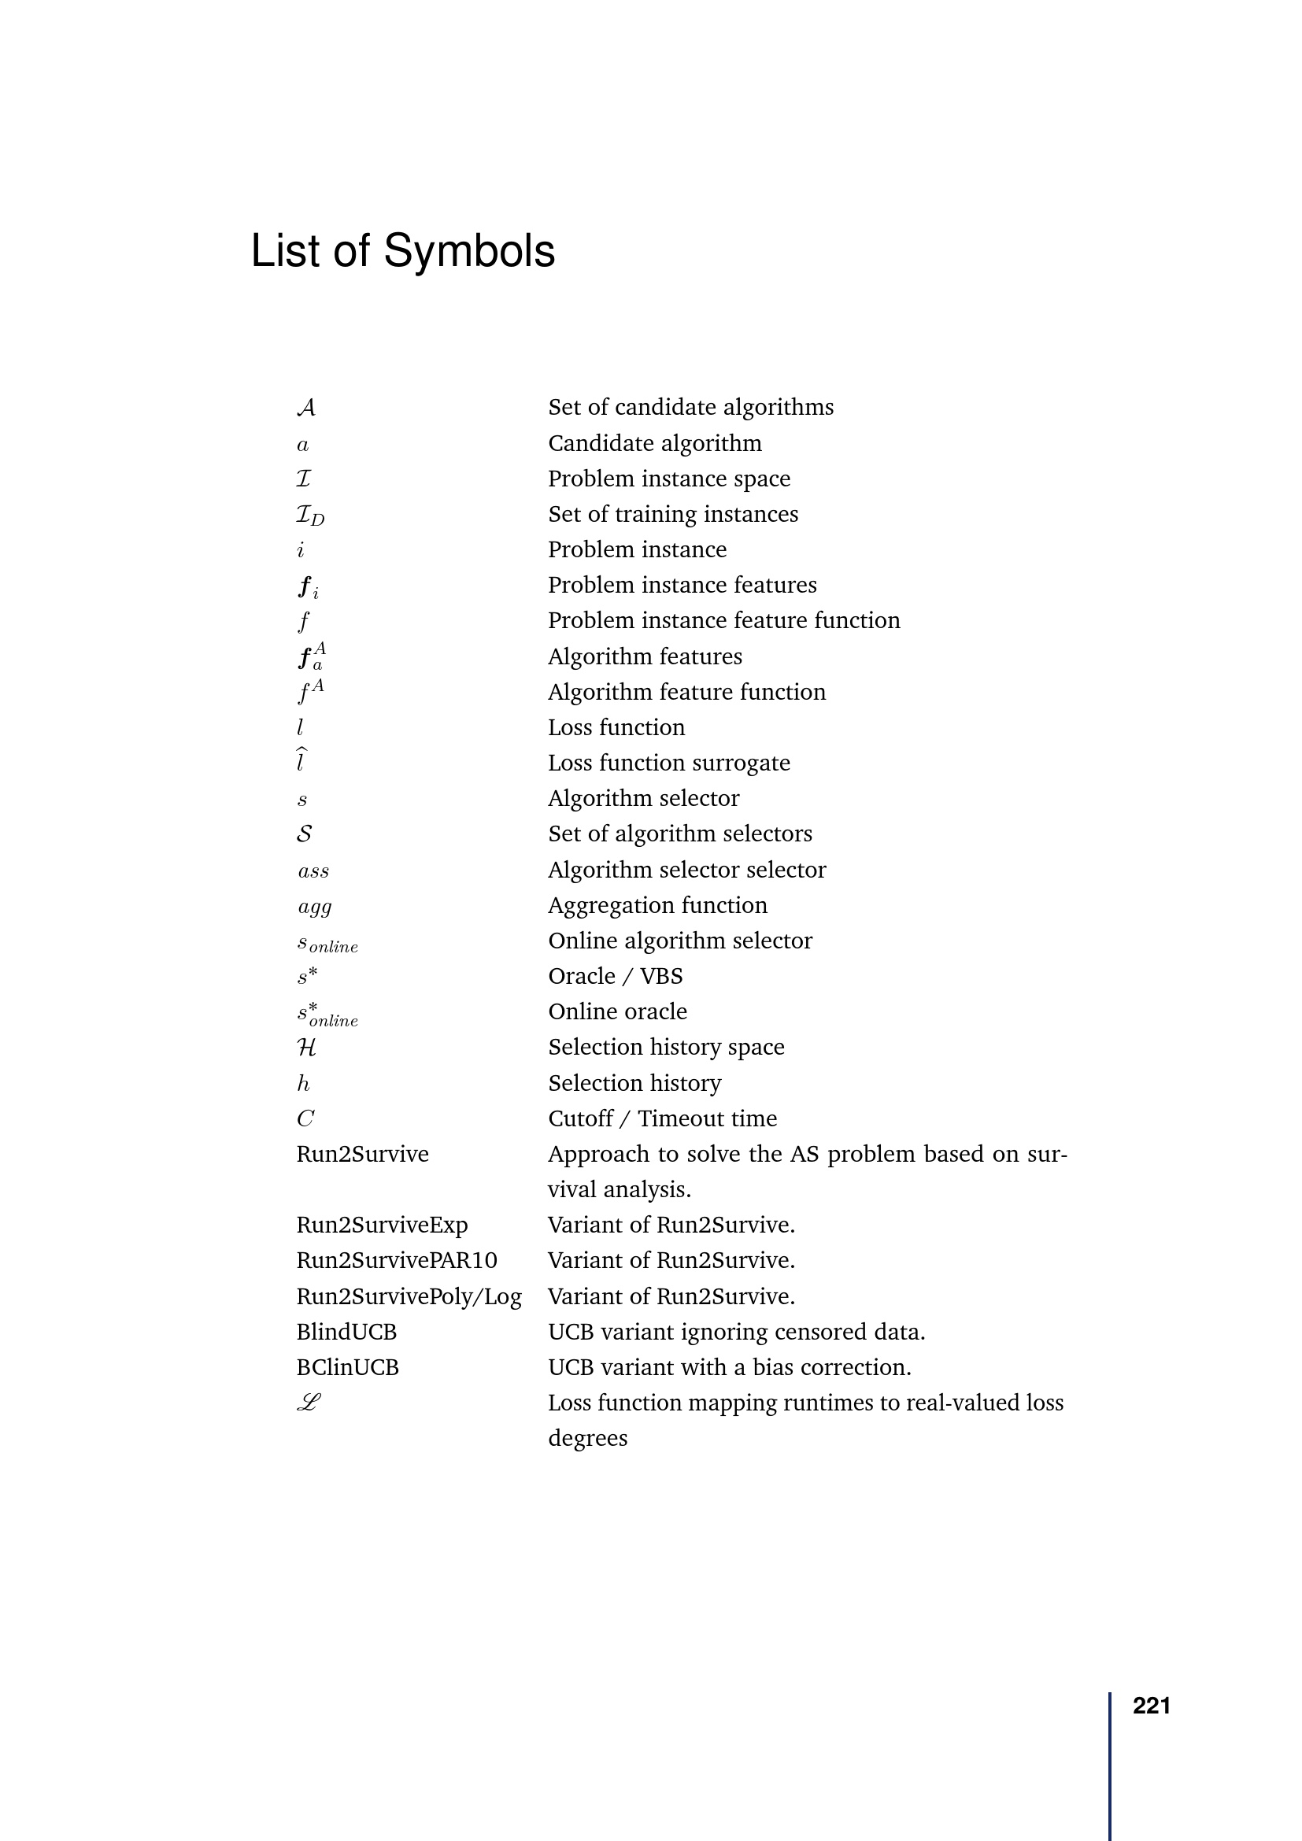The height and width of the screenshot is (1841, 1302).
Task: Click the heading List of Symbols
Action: click(402, 251)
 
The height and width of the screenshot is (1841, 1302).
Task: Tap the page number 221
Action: click(1151, 1706)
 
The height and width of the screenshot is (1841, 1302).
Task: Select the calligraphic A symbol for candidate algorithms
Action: click(305, 408)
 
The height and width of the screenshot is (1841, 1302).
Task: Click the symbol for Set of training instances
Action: click(310, 515)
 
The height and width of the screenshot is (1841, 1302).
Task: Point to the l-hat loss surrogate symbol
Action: click(301, 760)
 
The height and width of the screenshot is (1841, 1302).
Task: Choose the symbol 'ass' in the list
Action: click(313, 871)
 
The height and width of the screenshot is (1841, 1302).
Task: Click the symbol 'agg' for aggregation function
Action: click(314, 907)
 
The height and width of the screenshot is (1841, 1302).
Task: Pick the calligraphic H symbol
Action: click(306, 1047)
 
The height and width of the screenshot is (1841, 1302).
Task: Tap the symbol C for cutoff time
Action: click(305, 1118)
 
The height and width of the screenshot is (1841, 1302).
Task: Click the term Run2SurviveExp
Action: click(382, 1225)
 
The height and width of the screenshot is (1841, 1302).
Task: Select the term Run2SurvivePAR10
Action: click(396, 1260)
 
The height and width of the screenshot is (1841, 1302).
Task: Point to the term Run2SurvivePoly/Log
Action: click(409, 1296)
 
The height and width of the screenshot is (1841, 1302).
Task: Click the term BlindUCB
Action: click(346, 1332)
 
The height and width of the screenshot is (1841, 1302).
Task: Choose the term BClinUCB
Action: click(347, 1367)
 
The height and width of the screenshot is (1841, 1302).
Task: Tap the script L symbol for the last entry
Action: click(309, 1403)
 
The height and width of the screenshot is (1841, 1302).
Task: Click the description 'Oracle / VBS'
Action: click(615, 977)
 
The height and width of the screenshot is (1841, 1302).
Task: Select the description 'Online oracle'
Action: click(617, 1012)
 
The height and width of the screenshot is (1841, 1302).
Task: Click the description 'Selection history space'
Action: click(665, 1047)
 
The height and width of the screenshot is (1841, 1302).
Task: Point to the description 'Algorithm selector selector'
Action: click(686, 870)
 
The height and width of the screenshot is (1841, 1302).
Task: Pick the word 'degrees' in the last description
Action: click(588, 1439)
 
